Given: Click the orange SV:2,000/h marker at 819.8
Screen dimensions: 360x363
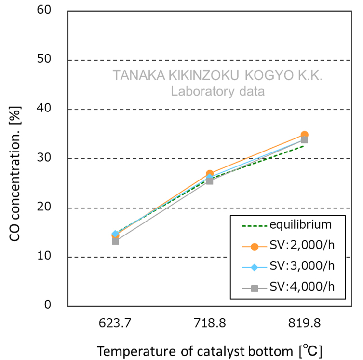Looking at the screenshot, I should click(304, 135).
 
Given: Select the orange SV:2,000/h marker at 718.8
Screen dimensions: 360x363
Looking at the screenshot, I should click(210, 174).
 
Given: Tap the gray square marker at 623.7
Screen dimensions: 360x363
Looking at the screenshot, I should click(116, 241).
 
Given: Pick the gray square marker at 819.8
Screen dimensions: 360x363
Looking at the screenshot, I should click(304, 140).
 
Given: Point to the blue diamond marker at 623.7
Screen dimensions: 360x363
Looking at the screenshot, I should click(116, 234).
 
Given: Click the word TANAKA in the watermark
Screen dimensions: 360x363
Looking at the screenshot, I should click(136, 76).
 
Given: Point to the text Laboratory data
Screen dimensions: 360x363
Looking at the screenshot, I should click(218, 91).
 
